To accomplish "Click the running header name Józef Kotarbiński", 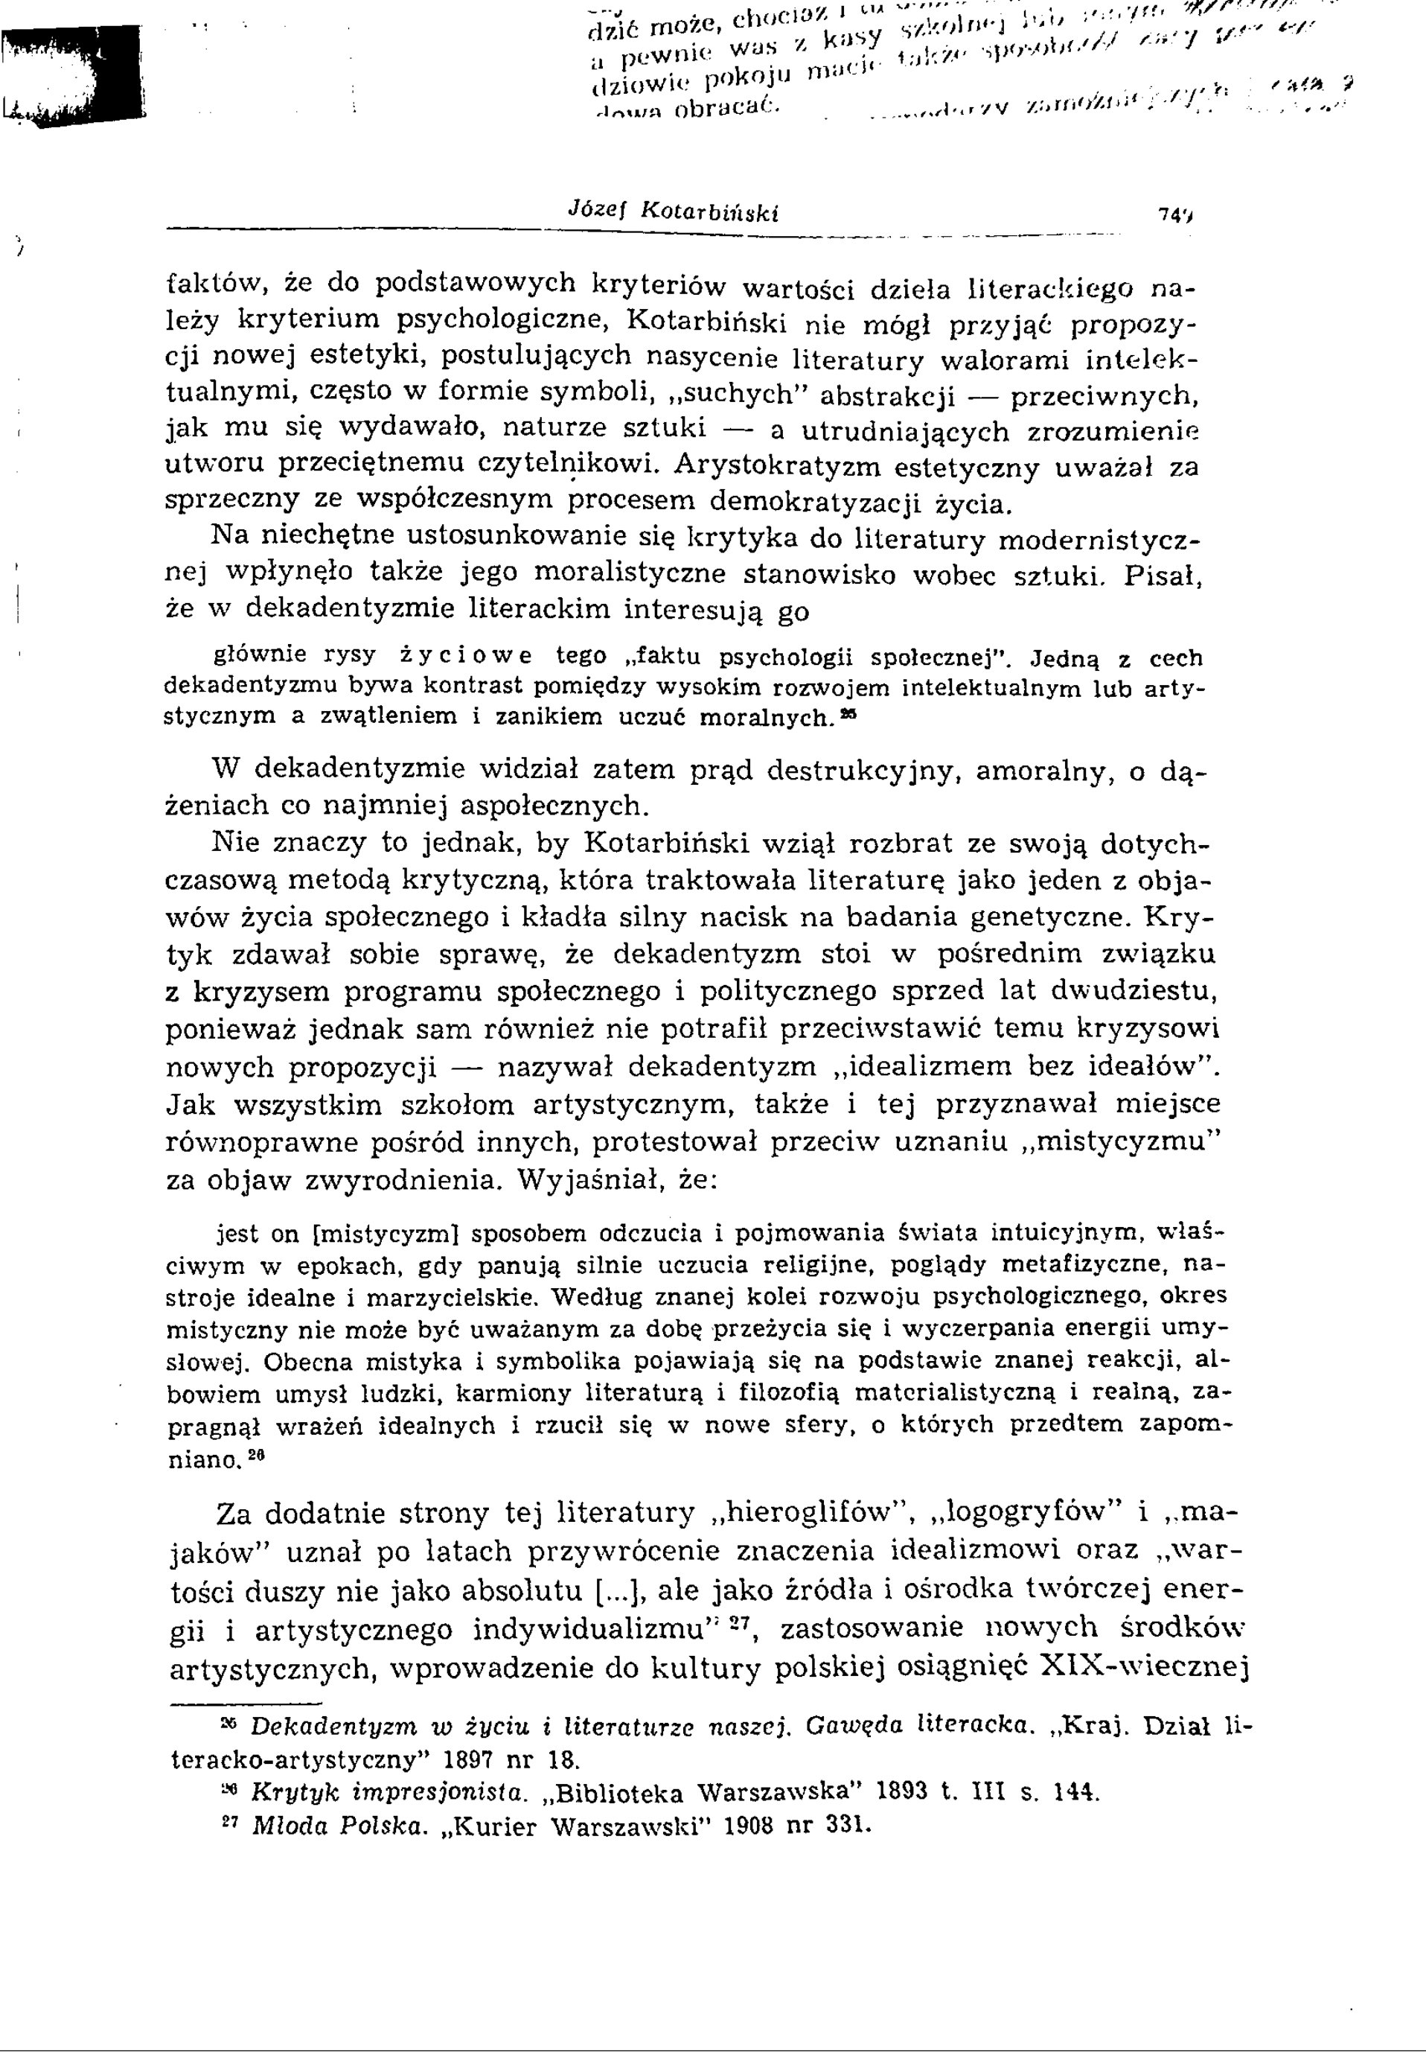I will click(x=674, y=213).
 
